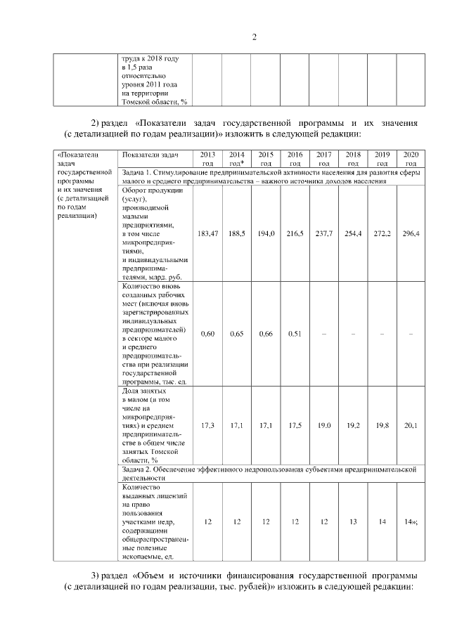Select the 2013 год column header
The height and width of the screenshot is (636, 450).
tap(207, 158)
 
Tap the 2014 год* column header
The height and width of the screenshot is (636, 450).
tap(236, 158)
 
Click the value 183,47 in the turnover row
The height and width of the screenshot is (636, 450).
tap(207, 233)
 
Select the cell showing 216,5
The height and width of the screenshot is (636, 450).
tap(295, 233)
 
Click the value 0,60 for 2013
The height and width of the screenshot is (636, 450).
tap(207, 334)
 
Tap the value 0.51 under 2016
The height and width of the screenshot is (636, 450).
tap(295, 334)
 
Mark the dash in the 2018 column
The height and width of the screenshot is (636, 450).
tap(353, 334)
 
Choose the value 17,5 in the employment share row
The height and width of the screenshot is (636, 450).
tap(295, 425)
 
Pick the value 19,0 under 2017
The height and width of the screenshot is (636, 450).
tap(324, 425)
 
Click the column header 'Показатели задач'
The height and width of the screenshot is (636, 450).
tap(150, 154)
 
